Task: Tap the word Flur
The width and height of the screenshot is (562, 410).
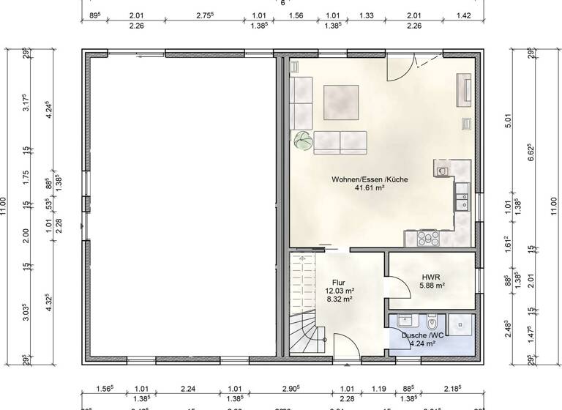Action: point(338,282)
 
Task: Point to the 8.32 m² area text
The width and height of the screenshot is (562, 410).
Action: point(338,299)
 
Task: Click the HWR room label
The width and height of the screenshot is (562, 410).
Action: point(430,277)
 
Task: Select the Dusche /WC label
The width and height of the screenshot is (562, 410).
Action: point(419,334)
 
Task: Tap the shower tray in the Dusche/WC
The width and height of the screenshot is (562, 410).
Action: point(461,327)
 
